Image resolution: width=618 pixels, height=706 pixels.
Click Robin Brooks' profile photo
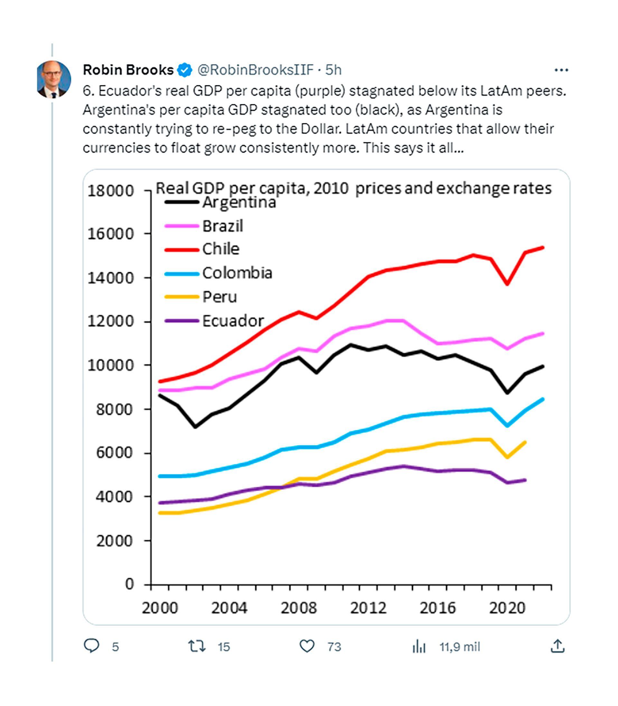[53, 79]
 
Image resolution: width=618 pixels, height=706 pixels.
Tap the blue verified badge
[184, 70]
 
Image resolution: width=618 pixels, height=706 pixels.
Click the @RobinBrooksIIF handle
[255, 70]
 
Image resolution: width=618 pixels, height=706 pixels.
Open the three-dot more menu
[561, 70]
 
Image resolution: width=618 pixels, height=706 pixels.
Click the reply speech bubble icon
[92, 646]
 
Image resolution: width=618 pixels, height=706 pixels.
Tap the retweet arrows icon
[197, 646]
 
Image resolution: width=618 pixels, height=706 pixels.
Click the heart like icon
[306, 646]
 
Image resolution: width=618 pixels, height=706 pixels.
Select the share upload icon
[557, 646]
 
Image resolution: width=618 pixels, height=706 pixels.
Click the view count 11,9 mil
[459, 647]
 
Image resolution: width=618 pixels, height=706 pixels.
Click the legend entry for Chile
[220, 249]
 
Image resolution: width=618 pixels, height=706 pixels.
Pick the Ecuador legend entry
[233, 321]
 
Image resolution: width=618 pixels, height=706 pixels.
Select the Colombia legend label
[237, 273]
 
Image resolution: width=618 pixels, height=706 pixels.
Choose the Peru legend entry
[219, 297]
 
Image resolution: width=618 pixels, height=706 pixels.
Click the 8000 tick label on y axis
[114, 410]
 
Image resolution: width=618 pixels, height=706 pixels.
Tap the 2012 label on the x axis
[368, 608]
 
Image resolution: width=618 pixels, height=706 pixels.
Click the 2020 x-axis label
[507, 608]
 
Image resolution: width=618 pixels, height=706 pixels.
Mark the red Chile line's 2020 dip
[507, 284]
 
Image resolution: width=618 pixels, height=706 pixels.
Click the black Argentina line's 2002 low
[195, 427]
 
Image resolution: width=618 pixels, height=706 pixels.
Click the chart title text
[353, 188]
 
